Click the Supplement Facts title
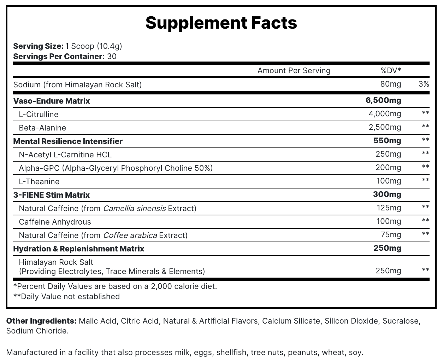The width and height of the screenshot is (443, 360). click(x=221, y=23)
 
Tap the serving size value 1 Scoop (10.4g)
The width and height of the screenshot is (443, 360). click(x=94, y=46)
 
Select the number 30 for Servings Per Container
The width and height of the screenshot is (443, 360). click(x=112, y=56)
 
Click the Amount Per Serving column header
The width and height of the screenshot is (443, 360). click(x=294, y=70)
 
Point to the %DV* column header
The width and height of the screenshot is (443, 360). click(x=391, y=70)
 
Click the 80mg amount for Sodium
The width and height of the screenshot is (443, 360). click(x=391, y=84)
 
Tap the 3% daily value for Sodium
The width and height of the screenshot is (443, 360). click(x=424, y=84)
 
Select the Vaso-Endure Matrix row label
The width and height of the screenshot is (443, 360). click(x=52, y=101)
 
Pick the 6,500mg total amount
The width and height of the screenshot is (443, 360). click(x=383, y=100)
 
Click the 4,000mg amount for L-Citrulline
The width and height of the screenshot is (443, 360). click(x=385, y=114)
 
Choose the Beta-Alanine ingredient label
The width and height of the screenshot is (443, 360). click(x=42, y=128)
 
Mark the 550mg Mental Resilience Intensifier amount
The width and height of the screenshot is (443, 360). click(x=387, y=141)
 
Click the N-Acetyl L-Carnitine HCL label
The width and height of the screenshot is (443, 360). click(x=65, y=155)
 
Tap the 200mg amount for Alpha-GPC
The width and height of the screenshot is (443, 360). click(x=388, y=168)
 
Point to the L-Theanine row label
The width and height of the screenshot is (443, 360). click(x=39, y=181)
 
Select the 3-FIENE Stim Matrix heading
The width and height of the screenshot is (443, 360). click(x=52, y=195)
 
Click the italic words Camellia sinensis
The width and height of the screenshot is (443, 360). click(x=134, y=208)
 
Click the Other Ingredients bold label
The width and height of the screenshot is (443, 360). click(x=41, y=321)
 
